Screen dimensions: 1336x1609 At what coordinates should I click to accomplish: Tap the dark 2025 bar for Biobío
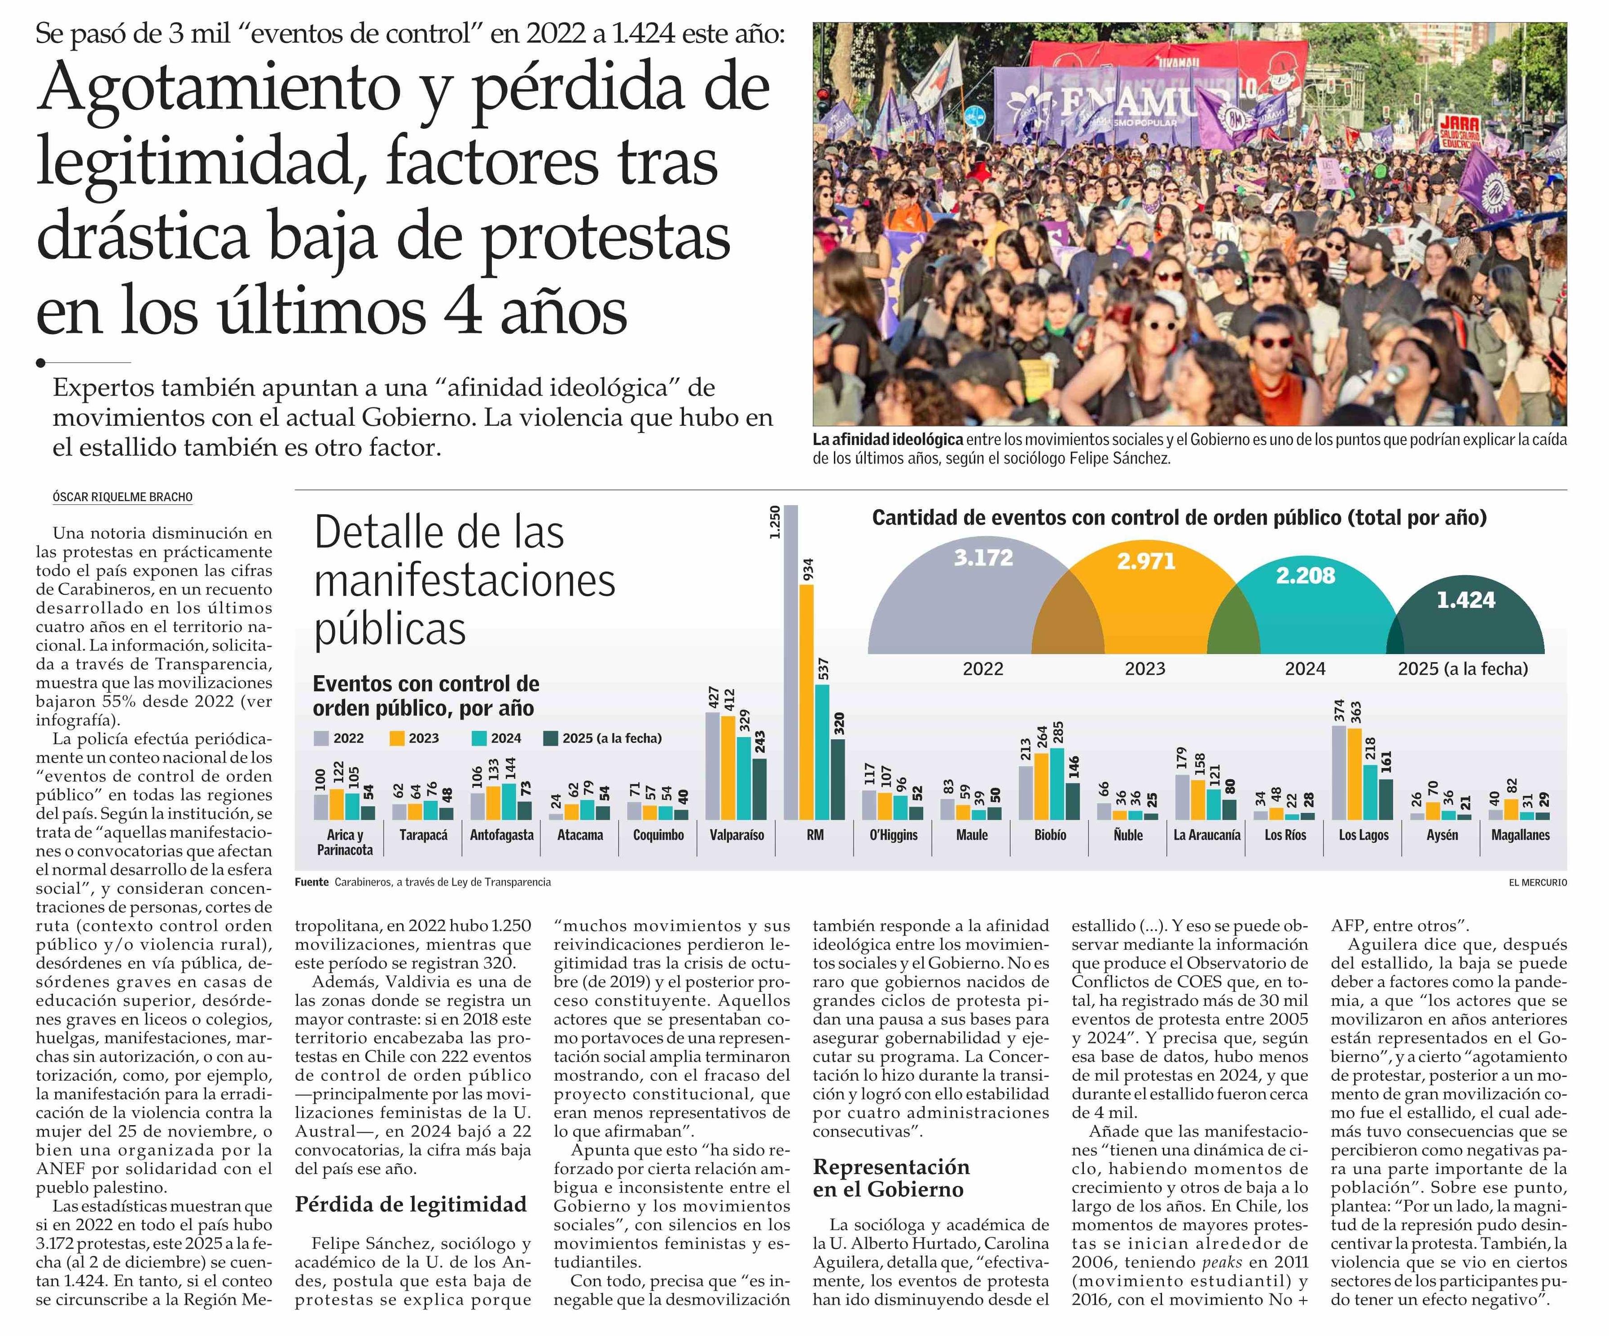coord(1074,801)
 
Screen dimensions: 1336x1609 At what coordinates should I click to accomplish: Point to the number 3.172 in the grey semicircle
coord(983,558)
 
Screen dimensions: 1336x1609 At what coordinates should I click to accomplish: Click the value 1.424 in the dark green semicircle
coord(1466,600)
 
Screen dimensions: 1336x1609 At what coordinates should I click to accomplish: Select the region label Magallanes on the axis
coord(1520,835)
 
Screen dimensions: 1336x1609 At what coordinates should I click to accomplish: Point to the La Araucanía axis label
coord(1207,835)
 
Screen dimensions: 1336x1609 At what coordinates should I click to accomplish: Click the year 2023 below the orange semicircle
coord(1144,669)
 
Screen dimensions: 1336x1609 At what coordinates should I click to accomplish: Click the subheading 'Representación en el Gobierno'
coord(891,1178)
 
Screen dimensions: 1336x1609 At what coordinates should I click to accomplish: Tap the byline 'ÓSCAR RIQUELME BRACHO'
coord(123,497)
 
